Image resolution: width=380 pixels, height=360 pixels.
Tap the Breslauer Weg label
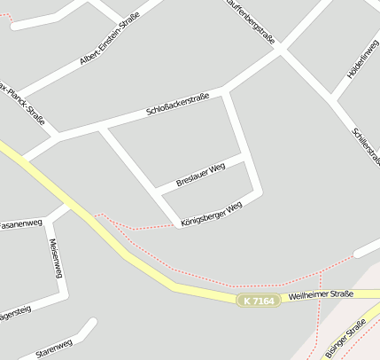(201, 173)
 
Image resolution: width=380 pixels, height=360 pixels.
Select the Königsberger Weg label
(211, 214)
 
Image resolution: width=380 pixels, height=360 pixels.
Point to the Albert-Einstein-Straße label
(110, 43)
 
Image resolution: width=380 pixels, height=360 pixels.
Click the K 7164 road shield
(259, 301)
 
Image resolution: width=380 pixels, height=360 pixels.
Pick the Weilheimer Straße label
(321, 294)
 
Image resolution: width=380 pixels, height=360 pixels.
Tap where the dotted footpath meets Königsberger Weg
(173, 224)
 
